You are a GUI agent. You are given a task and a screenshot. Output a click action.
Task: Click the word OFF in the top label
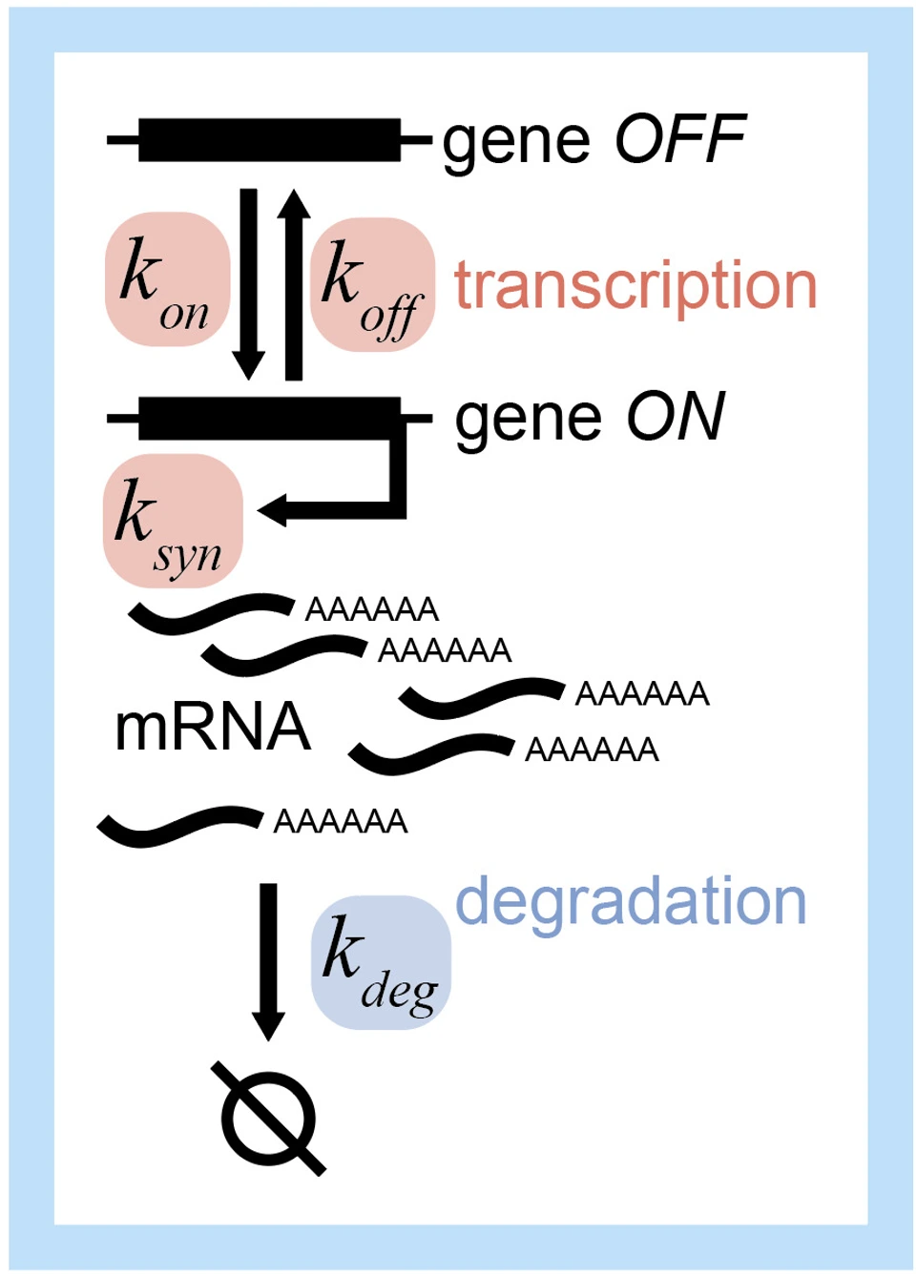679,139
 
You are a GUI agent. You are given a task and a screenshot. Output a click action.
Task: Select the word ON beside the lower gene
676,417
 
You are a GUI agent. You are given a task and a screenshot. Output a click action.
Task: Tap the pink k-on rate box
167,278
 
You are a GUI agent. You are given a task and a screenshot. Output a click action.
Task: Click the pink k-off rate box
372,284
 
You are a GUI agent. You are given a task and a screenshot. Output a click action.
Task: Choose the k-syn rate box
172,521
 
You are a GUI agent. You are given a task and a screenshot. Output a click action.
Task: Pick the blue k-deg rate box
381,961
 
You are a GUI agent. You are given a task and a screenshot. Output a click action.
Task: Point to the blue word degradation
631,900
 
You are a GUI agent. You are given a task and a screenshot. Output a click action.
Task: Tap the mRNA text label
212,727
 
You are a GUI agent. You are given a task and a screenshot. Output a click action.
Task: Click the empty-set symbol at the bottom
268,1118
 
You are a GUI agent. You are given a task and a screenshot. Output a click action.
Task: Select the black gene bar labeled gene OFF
269,140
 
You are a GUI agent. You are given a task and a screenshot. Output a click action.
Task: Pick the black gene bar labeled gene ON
269,418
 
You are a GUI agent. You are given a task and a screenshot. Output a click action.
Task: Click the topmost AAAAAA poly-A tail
371,608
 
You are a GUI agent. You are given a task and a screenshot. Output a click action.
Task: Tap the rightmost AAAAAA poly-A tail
642,693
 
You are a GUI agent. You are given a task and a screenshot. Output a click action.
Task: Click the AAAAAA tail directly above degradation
341,821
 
